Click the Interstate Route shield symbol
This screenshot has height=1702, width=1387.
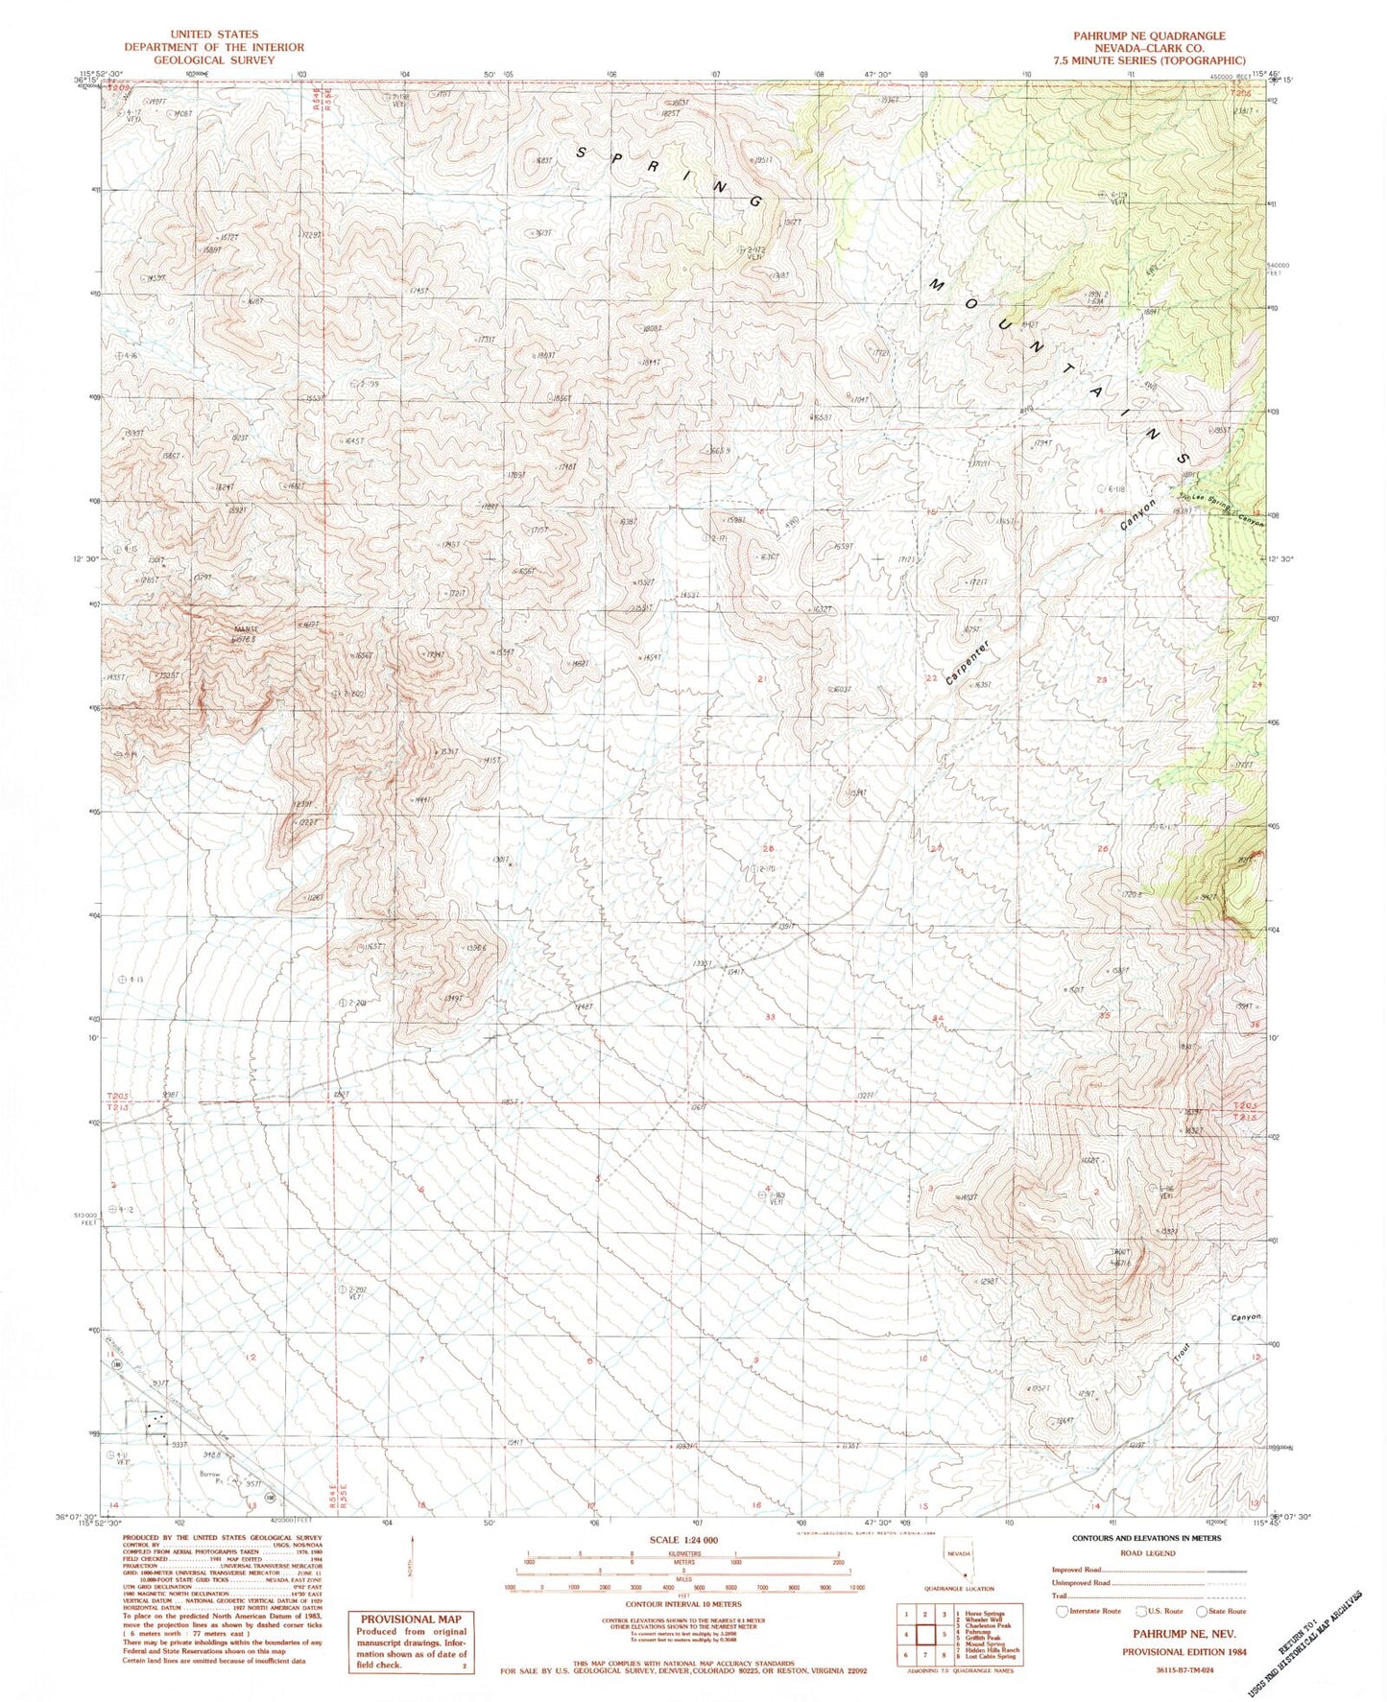(1063, 1611)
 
